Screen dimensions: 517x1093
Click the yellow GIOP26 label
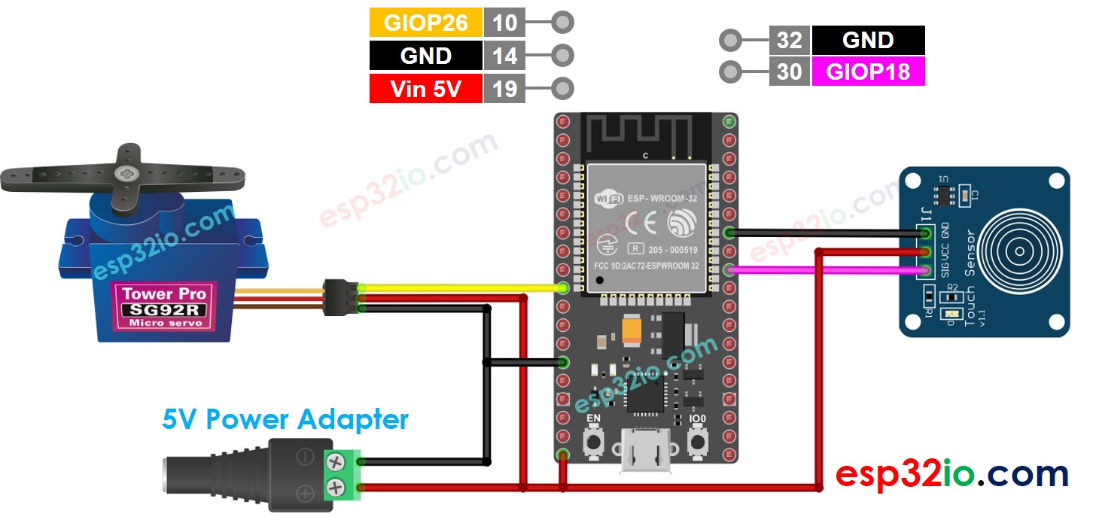(x=425, y=23)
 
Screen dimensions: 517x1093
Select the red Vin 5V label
(x=425, y=89)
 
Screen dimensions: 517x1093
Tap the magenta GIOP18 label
(x=868, y=71)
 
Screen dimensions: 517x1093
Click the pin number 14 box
(x=504, y=56)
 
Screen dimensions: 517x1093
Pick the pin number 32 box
(x=790, y=40)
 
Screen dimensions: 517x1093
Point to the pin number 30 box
(x=790, y=71)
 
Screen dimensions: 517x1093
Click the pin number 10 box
(x=504, y=23)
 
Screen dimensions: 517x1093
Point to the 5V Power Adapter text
(x=285, y=419)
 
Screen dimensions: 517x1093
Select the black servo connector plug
(x=339, y=297)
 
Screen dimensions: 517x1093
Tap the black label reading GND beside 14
(x=425, y=56)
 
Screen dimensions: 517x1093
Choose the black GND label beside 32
(x=868, y=40)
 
